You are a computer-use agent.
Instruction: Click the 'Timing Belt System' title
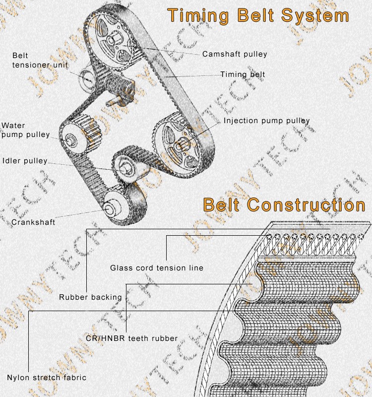[258, 15]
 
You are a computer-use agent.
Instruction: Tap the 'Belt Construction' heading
[284, 204]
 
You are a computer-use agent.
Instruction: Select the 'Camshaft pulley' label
[235, 54]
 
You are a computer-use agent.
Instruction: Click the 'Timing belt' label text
[243, 74]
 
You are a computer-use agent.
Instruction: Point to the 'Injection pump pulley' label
[266, 121]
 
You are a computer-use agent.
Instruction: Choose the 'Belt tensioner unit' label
[40, 60]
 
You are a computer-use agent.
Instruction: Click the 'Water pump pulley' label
[26, 130]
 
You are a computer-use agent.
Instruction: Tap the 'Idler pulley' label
[25, 161]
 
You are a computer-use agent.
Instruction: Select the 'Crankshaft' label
[33, 222]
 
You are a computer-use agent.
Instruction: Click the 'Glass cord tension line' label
[157, 268]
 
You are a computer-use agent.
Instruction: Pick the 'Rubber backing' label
[90, 297]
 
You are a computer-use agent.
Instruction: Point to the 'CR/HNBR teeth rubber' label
[131, 338]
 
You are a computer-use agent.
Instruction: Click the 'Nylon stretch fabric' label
[47, 378]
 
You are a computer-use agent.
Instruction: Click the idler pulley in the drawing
[124, 166]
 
